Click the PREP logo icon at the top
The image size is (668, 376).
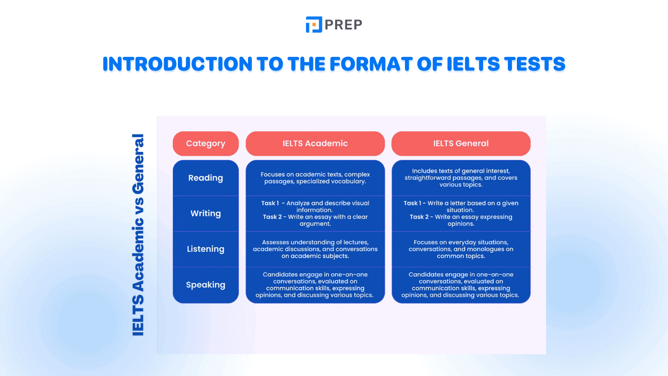pos(314,25)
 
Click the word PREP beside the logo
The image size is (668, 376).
pos(343,25)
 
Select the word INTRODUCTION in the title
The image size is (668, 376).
pos(177,64)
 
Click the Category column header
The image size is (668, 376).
pos(205,143)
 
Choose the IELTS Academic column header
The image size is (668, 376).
pos(315,143)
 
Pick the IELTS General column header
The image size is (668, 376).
pos(461,143)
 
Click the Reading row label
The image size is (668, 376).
pos(205,178)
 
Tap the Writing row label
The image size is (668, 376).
pos(205,213)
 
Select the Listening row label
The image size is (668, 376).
pos(205,249)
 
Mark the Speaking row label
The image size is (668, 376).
pos(205,285)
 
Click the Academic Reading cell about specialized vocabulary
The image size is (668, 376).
pos(315,178)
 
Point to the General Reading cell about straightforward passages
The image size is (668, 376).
pos(461,178)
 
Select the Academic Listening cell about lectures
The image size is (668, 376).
pos(315,249)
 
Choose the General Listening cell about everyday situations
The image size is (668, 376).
pos(461,249)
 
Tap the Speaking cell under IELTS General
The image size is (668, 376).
pos(461,285)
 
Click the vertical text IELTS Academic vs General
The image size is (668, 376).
pos(138,235)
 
